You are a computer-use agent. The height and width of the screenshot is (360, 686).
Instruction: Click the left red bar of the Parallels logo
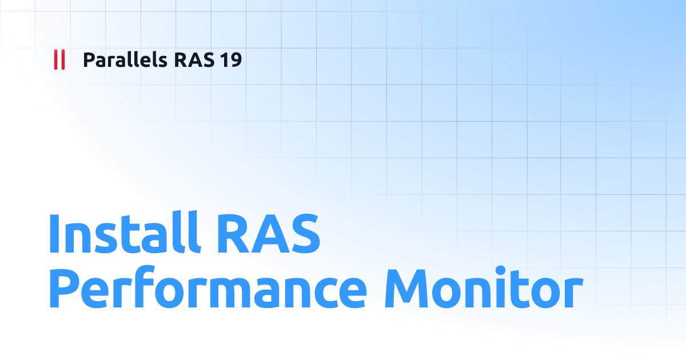point(55,60)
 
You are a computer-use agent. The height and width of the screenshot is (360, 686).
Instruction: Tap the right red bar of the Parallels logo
point(62,60)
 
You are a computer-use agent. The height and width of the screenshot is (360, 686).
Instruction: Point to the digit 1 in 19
point(224,60)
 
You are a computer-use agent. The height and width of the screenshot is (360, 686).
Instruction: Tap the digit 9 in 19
point(236,60)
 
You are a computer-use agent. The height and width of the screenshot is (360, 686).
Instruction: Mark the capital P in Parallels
point(89,60)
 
